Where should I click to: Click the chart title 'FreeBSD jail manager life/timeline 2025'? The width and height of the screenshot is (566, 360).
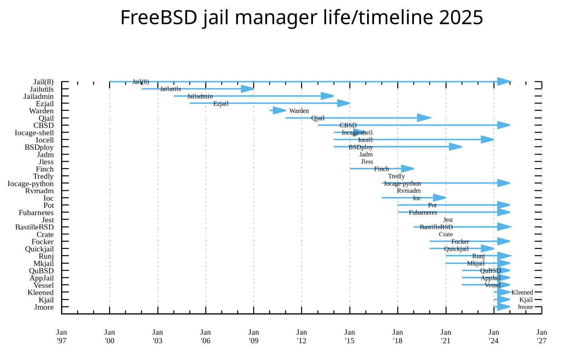coord(301,18)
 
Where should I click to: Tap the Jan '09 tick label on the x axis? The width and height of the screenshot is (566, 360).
coord(253,336)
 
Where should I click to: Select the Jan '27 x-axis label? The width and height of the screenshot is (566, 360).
coord(542,336)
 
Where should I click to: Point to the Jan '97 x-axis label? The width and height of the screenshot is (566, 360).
coord(61,336)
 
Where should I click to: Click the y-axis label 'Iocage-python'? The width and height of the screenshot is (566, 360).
coord(31,184)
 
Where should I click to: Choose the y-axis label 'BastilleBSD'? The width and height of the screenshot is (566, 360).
coord(34,227)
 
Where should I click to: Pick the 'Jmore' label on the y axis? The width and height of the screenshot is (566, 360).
coord(44,307)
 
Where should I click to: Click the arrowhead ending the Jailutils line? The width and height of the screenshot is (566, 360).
coord(247,89)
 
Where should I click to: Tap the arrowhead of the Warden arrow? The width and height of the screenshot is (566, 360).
coord(279,111)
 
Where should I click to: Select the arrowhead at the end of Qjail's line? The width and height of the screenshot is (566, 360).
coord(424,118)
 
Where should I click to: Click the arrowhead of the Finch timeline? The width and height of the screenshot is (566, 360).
coord(408,168)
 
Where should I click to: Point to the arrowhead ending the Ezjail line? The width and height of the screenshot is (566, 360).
coord(343,103)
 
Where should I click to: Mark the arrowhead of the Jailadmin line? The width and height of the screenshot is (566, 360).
coord(327,96)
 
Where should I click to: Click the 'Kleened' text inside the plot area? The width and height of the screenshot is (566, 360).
coord(522,293)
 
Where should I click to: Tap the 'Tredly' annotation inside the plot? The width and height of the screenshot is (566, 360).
coord(396,176)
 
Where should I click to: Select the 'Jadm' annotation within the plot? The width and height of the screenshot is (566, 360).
coord(366,154)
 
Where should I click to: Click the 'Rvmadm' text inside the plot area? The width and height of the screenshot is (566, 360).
coord(409,191)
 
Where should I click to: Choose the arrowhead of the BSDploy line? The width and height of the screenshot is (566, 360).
coord(455,147)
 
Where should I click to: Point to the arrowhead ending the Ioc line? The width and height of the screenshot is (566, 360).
coord(439,198)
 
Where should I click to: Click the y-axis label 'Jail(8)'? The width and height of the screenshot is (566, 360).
coord(44,82)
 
